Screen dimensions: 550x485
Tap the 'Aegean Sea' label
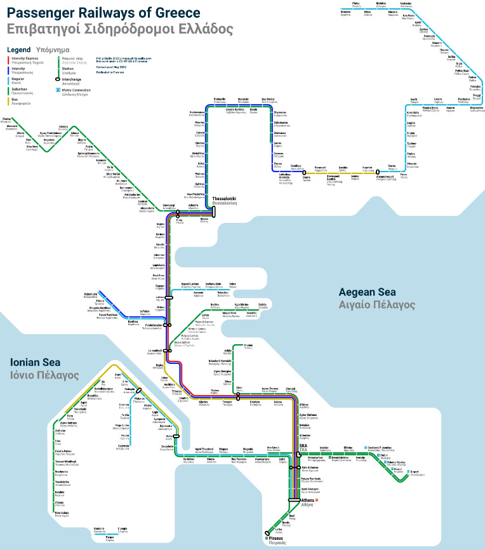367,292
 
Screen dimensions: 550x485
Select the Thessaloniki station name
224,198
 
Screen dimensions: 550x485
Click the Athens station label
307,500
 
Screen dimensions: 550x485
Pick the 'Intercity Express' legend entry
27,58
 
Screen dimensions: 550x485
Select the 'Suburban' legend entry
22,91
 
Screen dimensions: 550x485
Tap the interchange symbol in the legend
58,80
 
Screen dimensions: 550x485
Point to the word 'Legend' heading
18,48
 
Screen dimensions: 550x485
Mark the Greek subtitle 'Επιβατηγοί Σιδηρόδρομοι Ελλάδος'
120,29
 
